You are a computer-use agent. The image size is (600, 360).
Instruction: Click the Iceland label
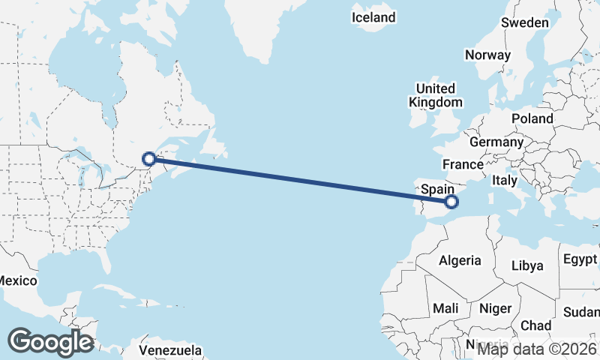pos(373,16)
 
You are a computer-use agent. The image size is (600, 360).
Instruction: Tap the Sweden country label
pos(525,22)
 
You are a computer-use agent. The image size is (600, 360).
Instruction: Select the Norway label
pos(487,55)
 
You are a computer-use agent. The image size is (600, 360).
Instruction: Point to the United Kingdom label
pos(436,95)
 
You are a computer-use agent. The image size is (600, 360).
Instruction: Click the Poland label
pos(532,118)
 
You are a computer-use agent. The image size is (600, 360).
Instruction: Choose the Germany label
pos(496,142)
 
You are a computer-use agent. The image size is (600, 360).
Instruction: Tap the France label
pos(463,164)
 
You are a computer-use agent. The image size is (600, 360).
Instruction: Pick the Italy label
pos(505,181)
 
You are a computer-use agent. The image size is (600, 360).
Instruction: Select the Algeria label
pos(460,260)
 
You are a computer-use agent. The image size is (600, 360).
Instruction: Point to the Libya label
pos(526,265)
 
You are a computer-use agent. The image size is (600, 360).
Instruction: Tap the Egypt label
pos(580,260)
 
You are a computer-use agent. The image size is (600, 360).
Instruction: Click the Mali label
pos(445,308)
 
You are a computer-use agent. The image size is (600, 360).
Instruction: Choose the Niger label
pos(495,308)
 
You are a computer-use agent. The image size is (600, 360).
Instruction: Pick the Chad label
pos(535,325)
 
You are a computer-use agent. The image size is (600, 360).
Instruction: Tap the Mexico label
pos(17,280)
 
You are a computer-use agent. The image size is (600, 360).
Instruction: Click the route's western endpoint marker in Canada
pos(149,158)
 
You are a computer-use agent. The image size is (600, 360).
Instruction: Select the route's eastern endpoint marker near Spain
pos(451,201)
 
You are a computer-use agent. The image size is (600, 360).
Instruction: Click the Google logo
pos(50,342)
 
